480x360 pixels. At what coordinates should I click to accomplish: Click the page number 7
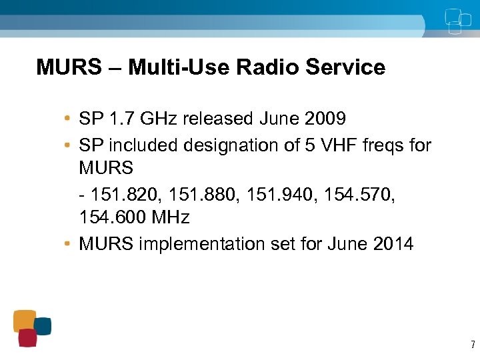pyautogui.click(x=473, y=345)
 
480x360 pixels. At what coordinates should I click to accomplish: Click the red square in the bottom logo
pyautogui.click(x=27, y=338)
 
